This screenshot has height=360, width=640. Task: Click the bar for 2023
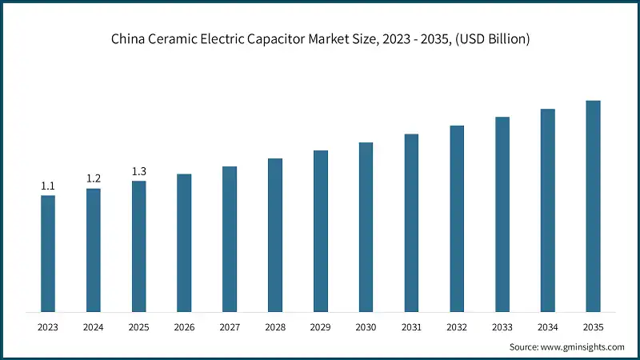pyautogui.click(x=48, y=254)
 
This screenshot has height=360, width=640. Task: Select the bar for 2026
pyautogui.click(x=184, y=242)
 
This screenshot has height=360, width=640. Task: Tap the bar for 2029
pyautogui.click(x=321, y=231)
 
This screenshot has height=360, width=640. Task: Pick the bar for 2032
pyautogui.click(x=457, y=218)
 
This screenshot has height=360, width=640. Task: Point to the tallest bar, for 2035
pyautogui.click(x=593, y=206)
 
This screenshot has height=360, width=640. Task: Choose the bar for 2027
pyautogui.click(x=230, y=239)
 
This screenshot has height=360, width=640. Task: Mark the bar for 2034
pyautogui.click(x=548, y=210)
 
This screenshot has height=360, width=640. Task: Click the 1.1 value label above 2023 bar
pyautogui.click(x=48, y=186)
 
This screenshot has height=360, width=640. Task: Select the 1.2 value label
pyautogui.click(x=94, y=178)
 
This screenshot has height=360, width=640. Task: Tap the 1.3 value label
pyautogui.click(x=139, y=171)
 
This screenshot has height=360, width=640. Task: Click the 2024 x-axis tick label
pyautogui.click(x=94, y=327)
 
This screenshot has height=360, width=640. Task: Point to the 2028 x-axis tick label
pyautogui.click(x=275, y=327)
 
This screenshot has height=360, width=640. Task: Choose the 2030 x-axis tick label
pyautogui.click(x=366, y=327)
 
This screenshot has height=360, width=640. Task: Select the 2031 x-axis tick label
pyautogui.click(x=411, y=327)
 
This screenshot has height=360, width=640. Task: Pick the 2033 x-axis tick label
pyautogui.click(x=502, y=327)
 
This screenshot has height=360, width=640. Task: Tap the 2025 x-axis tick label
pyautogui.click(x=139, y=327)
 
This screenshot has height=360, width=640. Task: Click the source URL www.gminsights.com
pyautogui.click(x=583, y=347)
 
